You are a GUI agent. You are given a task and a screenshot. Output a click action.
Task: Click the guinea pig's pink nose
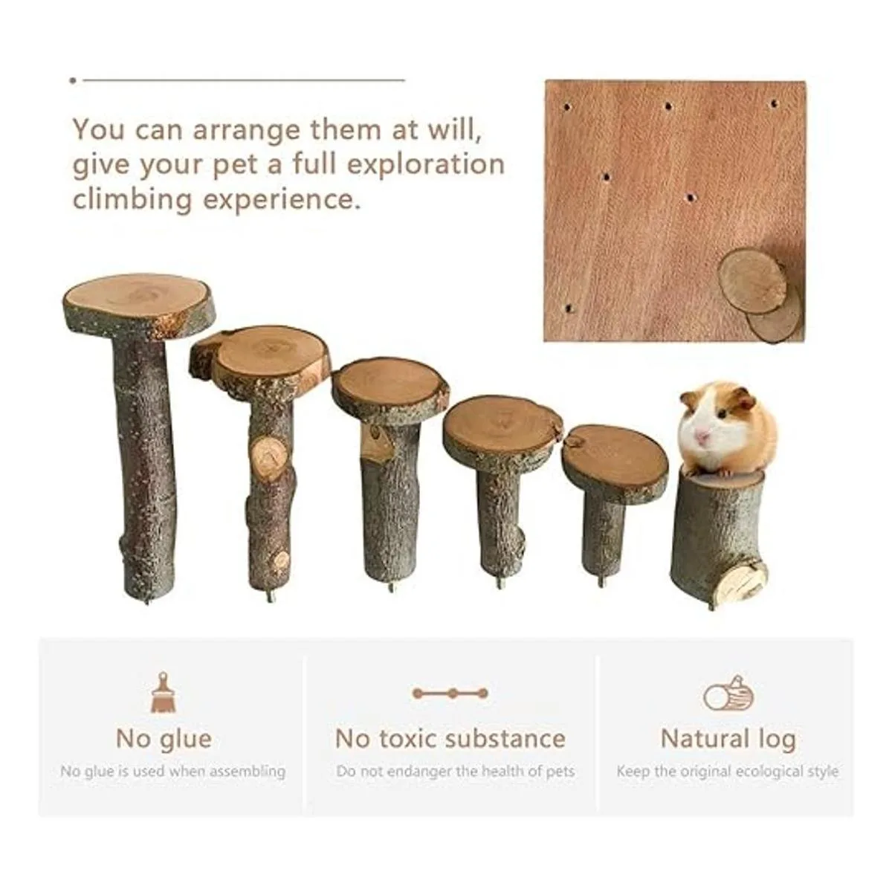tap(702, 436)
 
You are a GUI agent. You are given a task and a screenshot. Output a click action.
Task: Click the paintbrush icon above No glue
tap(163, 692)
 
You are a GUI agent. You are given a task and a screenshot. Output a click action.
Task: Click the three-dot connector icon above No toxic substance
tap(450, 694)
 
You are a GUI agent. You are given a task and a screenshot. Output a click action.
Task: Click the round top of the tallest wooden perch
tap(139, 300)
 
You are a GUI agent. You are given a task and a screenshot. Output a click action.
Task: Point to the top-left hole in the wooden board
tap(567, 107)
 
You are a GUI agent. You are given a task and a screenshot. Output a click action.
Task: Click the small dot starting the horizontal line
tap(73, 80)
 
